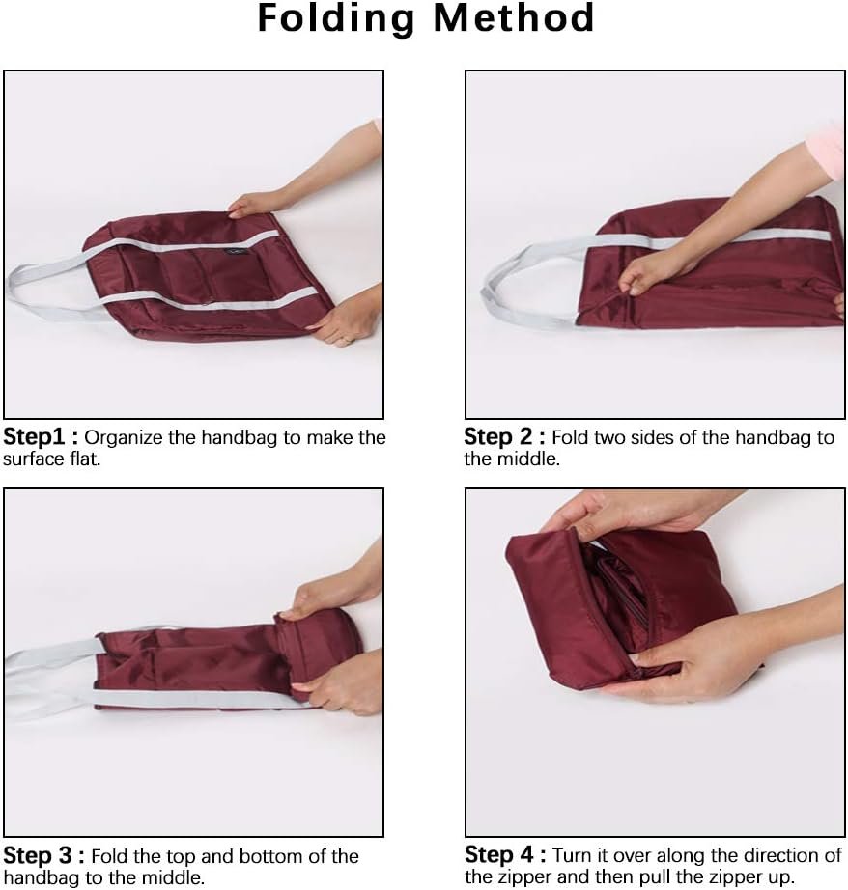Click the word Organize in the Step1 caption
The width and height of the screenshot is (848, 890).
click(129, 437)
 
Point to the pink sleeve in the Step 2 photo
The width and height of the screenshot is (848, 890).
click(829, 151)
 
